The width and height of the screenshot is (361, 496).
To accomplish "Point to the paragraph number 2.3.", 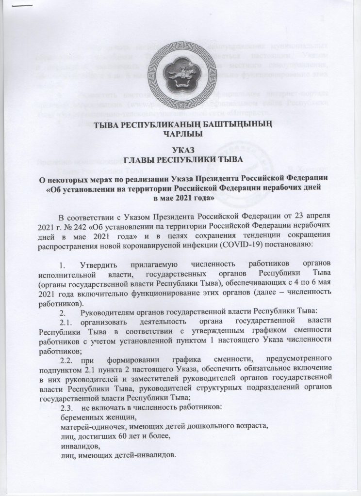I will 67,407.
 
